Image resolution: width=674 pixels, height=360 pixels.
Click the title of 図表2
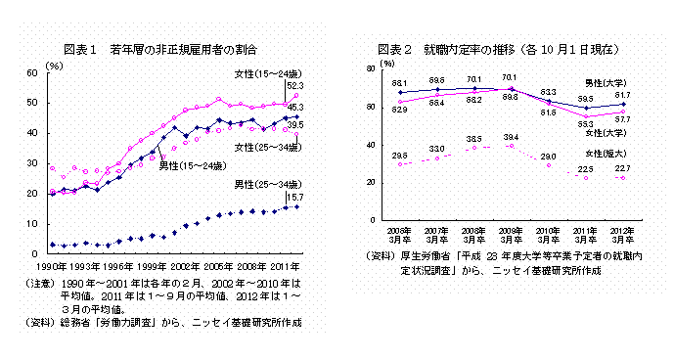(x=499, y=47)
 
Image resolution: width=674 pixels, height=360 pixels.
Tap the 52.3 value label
(x=293, y=86)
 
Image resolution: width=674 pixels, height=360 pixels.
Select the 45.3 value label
(x=294, y=107)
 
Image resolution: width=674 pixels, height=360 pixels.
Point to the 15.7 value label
(x=292, y=196)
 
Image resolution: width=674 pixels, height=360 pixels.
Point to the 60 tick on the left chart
(x=32, y=72)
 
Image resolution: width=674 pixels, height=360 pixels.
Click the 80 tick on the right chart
(x=369, y=69)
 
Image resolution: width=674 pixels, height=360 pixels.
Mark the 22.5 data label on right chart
(x=585, y=168)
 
